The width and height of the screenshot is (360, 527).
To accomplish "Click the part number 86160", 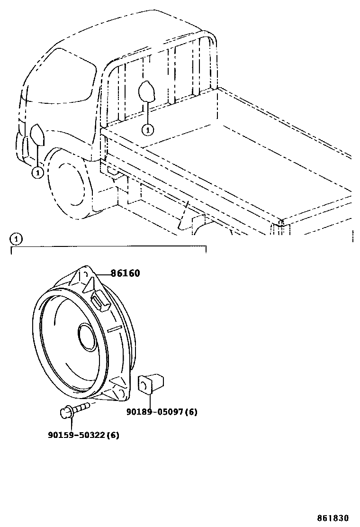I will tap(126, 273).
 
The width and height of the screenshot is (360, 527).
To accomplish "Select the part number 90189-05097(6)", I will tap(162, 412).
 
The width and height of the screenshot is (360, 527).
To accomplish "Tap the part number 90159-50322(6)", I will tap(83, 435).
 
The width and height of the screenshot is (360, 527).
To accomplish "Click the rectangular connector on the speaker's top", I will tap(100, 300).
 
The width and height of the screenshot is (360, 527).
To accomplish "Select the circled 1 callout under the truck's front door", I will tap(37, 173).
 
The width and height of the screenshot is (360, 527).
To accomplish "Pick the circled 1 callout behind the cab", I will tap(148, 128).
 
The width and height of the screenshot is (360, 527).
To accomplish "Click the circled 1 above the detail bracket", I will tap(16, 239).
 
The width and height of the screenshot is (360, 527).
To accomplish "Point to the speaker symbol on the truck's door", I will tap(37, 135).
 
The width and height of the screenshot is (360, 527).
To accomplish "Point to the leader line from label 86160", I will tap(104, 274).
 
